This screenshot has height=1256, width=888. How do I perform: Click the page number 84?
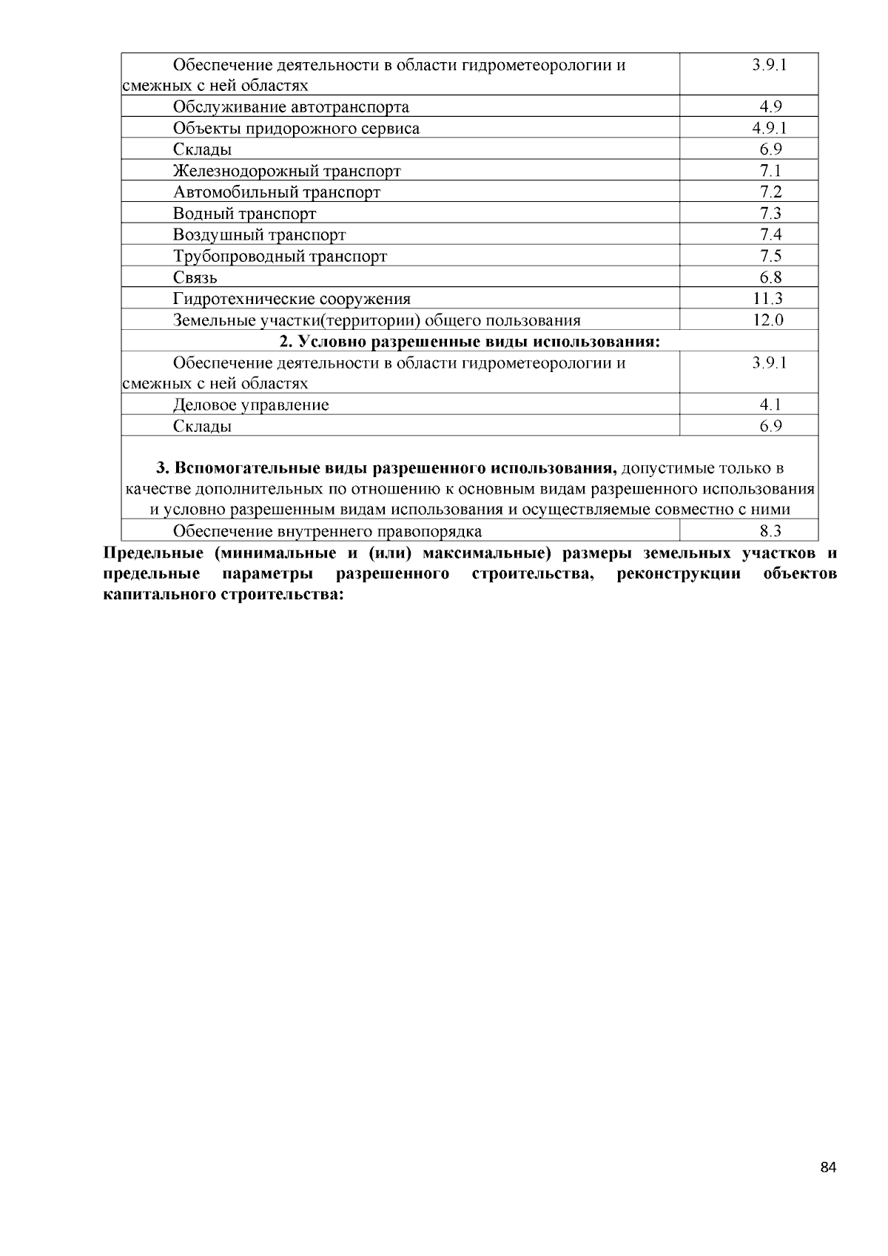[x=828, y=1168]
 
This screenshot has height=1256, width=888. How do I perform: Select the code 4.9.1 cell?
[x=770, y=128]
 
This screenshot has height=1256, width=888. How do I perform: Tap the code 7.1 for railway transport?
[x=770, y=171]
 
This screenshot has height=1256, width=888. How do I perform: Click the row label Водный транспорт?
[x=244, y=214]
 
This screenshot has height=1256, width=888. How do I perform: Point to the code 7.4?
[x=770, y=234]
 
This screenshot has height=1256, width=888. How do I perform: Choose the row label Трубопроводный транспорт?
[x=280, y=257]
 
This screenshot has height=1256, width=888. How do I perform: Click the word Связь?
[x=195, y=278]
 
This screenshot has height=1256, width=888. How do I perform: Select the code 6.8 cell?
[x=770, y=277]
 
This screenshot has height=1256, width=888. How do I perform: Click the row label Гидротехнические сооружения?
[x=292, y=300]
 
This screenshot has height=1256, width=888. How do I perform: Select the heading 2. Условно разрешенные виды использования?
[x=469, y=342]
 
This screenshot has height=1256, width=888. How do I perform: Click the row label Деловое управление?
[x=251, y=405]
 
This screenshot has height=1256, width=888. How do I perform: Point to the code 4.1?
[x=770, y=405]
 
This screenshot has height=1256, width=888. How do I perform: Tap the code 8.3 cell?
[x=770, y=530]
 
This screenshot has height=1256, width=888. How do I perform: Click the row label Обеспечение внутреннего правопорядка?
[x=327, y=531]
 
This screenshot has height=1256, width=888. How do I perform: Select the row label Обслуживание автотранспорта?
[x=291, y=107]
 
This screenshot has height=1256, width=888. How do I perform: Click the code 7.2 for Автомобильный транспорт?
[x=770, y=192]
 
